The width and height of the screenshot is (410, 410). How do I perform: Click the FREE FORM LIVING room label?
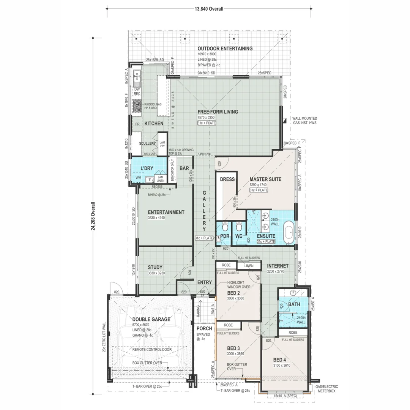pos(218,112)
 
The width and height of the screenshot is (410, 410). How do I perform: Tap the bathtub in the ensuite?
pos(289,232)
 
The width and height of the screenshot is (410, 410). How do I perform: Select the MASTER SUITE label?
pos(265,179)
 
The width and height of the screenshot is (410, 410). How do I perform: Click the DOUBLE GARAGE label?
pos(151,319)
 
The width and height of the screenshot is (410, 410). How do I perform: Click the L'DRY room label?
pos(147,168)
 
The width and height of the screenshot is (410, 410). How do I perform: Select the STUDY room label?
pos(155,267)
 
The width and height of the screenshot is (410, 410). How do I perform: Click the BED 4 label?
pos(280,360)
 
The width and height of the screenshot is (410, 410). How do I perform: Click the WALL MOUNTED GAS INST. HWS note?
pos(304,121)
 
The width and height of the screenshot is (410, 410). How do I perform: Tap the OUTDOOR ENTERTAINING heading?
pos(225,49)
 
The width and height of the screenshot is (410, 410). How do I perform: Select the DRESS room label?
pos(227,179)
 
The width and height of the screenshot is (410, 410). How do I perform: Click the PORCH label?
pos(204,328)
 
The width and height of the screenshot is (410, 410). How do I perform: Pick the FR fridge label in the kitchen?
pos(137,124)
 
